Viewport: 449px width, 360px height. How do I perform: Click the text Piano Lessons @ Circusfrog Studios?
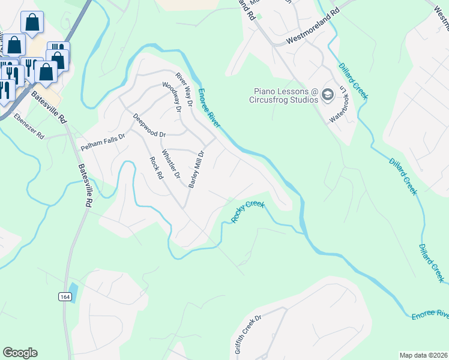click(x=284, y=96)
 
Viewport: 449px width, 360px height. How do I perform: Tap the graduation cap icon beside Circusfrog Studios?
click(x=328, y=94)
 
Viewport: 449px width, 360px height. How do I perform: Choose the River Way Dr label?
click(x=184, y=89)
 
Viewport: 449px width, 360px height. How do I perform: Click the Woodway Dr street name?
click(x=172, y=97)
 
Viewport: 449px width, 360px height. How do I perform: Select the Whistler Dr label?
click(x=171, y=164)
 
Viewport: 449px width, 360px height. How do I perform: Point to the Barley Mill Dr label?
click(x=197, y=170)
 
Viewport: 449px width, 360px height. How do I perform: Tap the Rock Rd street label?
click(x=157, y=168)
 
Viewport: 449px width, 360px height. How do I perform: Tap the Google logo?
click(x=20, y=353)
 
